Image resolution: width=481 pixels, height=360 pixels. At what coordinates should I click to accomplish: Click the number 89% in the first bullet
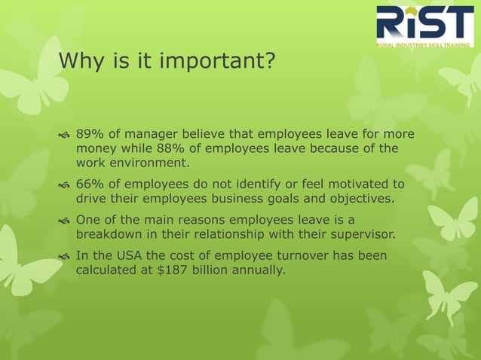[89, 135]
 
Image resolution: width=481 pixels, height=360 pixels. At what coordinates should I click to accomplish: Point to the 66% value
[89, 185]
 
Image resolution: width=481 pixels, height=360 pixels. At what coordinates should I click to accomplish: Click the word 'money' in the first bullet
[94, 148]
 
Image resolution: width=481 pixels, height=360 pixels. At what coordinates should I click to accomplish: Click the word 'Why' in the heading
[75, 60]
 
